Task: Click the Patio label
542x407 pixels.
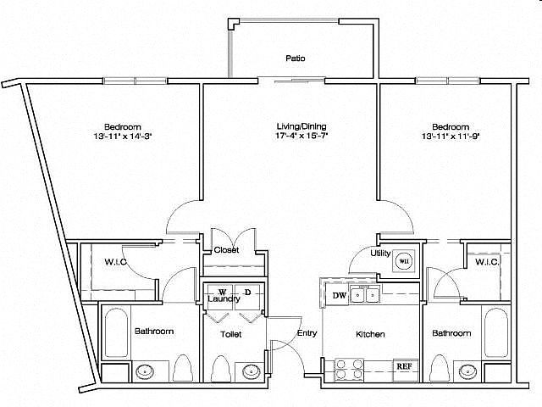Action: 296,59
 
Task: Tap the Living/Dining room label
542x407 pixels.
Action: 301,126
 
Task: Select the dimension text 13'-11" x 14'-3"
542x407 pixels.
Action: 123,136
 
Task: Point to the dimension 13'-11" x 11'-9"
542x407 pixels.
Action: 451,136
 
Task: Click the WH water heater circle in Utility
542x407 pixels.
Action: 403,261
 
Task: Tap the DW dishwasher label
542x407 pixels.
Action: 339,296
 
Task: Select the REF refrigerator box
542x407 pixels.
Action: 404,366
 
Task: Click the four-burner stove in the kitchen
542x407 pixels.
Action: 349,370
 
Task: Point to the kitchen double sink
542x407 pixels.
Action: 365,295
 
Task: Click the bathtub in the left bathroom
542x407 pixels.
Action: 115,332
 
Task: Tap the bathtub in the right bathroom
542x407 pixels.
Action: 496,332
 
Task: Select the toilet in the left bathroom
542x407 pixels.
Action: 182,368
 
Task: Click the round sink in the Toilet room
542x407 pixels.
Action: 250,371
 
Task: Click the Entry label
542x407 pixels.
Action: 307,333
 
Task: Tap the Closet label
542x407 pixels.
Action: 226,249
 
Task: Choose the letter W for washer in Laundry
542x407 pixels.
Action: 222,292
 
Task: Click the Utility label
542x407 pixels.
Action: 380,254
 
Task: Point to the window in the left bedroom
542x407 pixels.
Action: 135,81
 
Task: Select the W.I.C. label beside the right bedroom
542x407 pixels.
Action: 487,262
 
